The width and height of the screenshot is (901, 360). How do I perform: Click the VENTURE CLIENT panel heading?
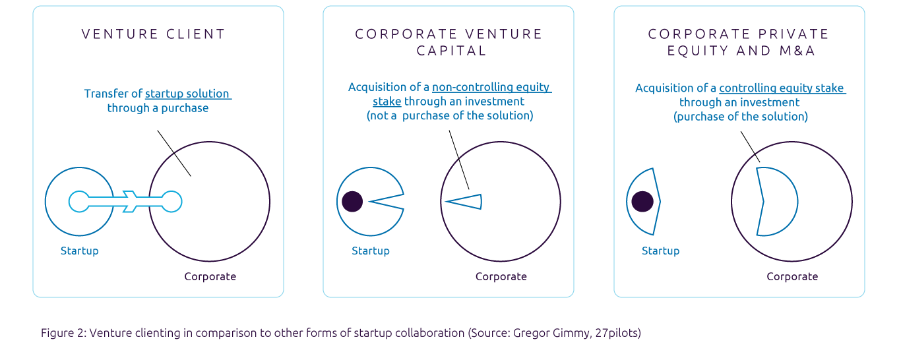(153, 34)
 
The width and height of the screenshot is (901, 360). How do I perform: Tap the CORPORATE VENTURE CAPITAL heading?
(449, 42)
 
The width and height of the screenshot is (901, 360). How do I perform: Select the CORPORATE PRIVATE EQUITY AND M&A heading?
(739, 42)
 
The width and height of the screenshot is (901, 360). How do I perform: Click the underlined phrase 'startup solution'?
(187, 94)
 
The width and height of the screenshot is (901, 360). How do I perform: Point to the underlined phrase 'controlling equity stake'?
(782, 88)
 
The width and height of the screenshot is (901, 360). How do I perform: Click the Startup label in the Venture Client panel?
(80, 251)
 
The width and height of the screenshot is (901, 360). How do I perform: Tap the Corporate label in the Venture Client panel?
(210, 276)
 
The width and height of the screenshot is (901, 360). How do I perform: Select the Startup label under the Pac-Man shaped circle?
(371, 251)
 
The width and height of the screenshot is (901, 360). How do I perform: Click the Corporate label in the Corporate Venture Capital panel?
(501, 276)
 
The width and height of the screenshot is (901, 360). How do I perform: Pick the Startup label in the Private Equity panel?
(660, 251)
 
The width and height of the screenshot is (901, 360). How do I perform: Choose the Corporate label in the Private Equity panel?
(792, 276)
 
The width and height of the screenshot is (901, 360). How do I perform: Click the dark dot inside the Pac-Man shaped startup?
(352, 202)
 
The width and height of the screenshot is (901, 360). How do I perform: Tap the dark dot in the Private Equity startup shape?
(642, 202)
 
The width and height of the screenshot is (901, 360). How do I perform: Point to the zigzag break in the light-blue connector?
(130, 202)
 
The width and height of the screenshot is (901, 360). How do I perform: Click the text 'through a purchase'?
(158, 108)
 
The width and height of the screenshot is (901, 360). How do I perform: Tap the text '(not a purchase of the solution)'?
(450, 116)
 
